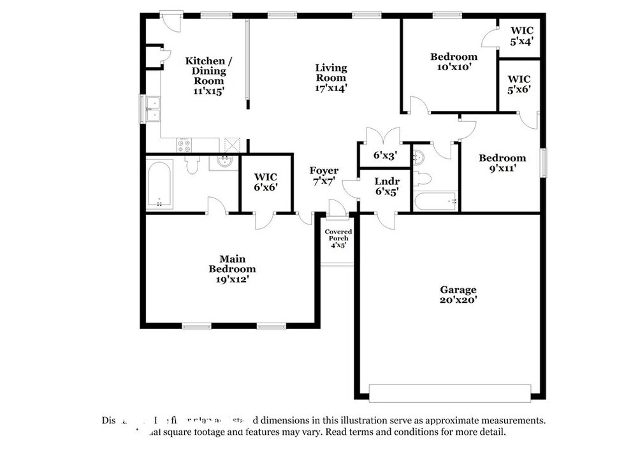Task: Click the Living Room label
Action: [331, 78]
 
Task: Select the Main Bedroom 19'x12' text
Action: [232, 268]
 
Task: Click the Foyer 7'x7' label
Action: [324, 175]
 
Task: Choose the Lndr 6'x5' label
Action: [387, 186]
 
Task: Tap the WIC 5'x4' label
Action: [521, 35]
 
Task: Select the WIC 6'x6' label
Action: [265, 182]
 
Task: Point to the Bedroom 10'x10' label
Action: [453, 62]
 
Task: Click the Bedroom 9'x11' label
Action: [502, 163]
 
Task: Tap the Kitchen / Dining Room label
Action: [208, 75]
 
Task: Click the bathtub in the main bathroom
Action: [159, 184]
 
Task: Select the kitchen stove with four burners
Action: [184, 145]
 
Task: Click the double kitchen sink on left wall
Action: [152, 109]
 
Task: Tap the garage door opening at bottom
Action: [450, 393]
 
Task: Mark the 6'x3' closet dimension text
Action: [385, 155]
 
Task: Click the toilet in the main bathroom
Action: [193, 165]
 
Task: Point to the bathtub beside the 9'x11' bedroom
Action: [435, 201]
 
